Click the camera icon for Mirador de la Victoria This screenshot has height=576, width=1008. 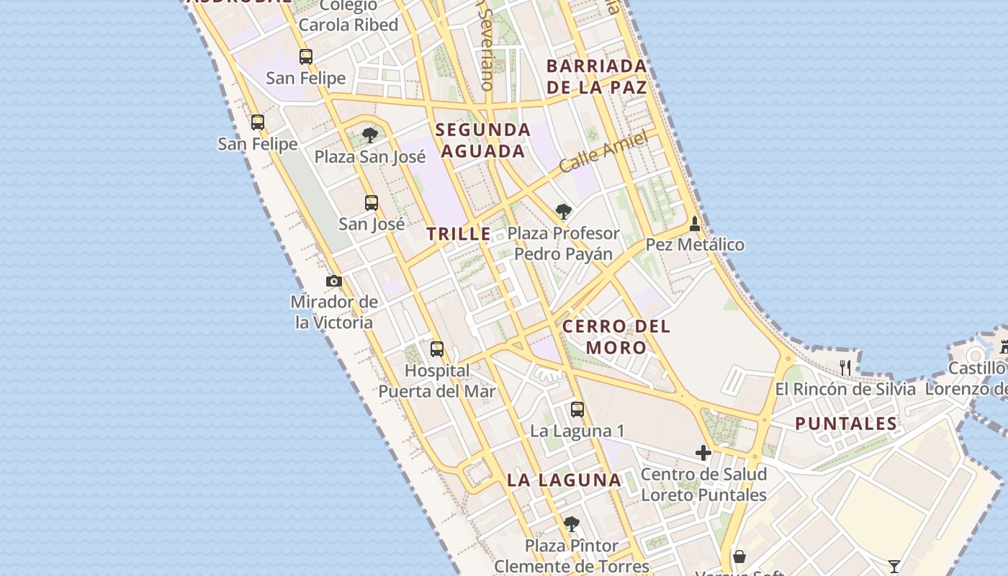click(x=333, y=281)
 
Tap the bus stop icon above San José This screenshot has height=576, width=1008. click(x=372, y=203)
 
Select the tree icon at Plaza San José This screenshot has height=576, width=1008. click(x=370, y=135)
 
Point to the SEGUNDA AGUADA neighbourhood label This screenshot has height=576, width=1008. click(x=483, y=140)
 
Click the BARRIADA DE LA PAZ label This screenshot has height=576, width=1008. click(x=596, y=77)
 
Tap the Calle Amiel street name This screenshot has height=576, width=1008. click(x=603, y=153)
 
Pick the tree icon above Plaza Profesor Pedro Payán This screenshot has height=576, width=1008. click(x=564, y=212)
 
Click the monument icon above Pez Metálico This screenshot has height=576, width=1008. click(x=695, y=224)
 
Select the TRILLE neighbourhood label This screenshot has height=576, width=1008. click(x=459, y=234)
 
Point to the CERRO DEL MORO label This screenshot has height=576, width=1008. click(x=616, y=337)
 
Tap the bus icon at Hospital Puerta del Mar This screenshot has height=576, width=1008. click(x=437, y=349)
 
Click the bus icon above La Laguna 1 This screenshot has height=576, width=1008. click(x=577, y=410)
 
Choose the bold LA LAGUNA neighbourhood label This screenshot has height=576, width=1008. click(x=564, y=480)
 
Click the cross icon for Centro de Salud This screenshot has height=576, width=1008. click(x=703, y=453)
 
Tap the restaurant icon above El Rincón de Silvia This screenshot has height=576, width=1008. click(x=845, y=368)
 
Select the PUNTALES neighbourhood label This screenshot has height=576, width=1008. click(x=846, y=423)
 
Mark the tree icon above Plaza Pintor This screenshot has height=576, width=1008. click(x=572, y=523)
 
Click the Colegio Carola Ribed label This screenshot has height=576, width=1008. click(x=348, y=16)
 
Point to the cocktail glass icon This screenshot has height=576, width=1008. click(x=894, y=567)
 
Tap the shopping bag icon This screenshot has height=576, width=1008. click(x=739, y=557)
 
